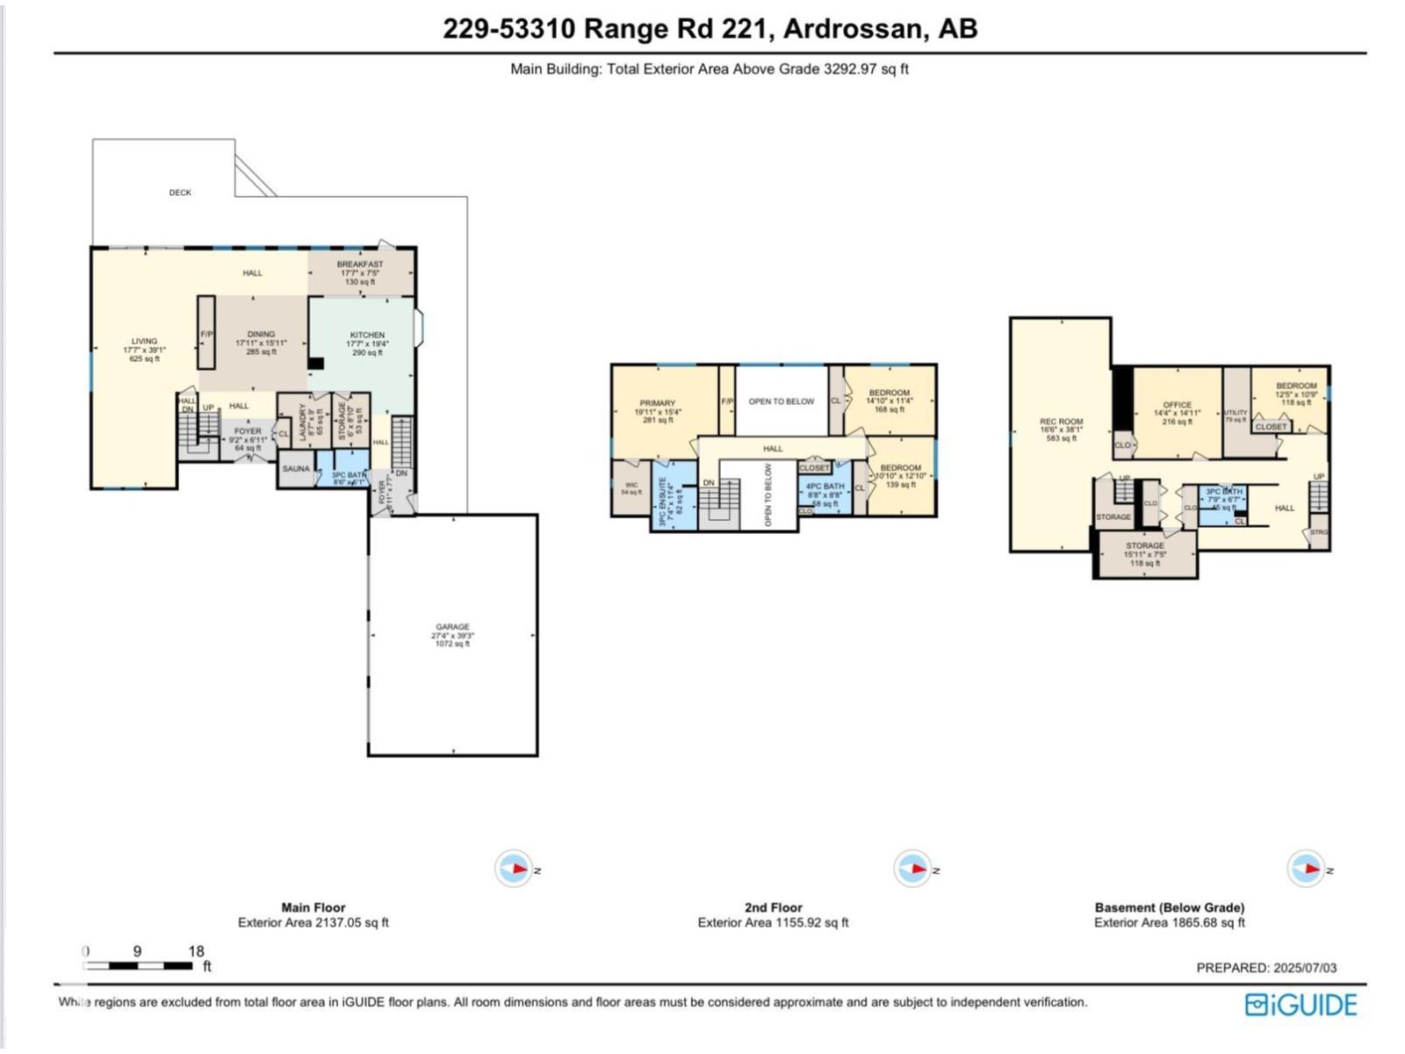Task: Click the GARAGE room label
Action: coord(452,627)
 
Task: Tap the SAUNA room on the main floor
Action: coord(296,469)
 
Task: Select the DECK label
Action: coord(180,192)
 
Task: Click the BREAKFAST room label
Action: coord(360,264)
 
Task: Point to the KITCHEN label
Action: coord(367,336)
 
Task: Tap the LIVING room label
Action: coord(144,342)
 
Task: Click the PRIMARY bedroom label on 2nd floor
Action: coord(657,403)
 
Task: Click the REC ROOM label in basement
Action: coord(1061,422)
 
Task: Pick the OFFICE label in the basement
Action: coord(1177,406)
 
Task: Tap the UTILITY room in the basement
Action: coord(1236,413)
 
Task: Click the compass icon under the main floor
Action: coord(514,869)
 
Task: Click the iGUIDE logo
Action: coord(1301,1005)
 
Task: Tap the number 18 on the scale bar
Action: coord(196,951)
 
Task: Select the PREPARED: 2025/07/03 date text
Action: coord(1266,968)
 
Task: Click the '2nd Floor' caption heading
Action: coord(773,907)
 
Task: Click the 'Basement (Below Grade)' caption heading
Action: coord(1169,907)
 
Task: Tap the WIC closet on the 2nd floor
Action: coord(631,486)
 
